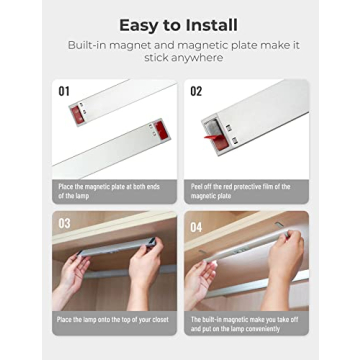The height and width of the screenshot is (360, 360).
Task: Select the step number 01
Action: (64, 92)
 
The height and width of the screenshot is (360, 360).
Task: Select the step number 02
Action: (196, 92)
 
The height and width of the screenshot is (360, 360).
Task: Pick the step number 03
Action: (64, 223)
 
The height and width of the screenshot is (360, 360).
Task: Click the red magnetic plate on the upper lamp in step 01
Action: (74, 108)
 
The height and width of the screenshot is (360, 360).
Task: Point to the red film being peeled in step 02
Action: (213, 138)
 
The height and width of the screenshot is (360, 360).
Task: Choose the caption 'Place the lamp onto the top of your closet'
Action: (113, 319)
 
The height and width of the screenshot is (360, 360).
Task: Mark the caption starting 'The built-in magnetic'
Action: (245, 321)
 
